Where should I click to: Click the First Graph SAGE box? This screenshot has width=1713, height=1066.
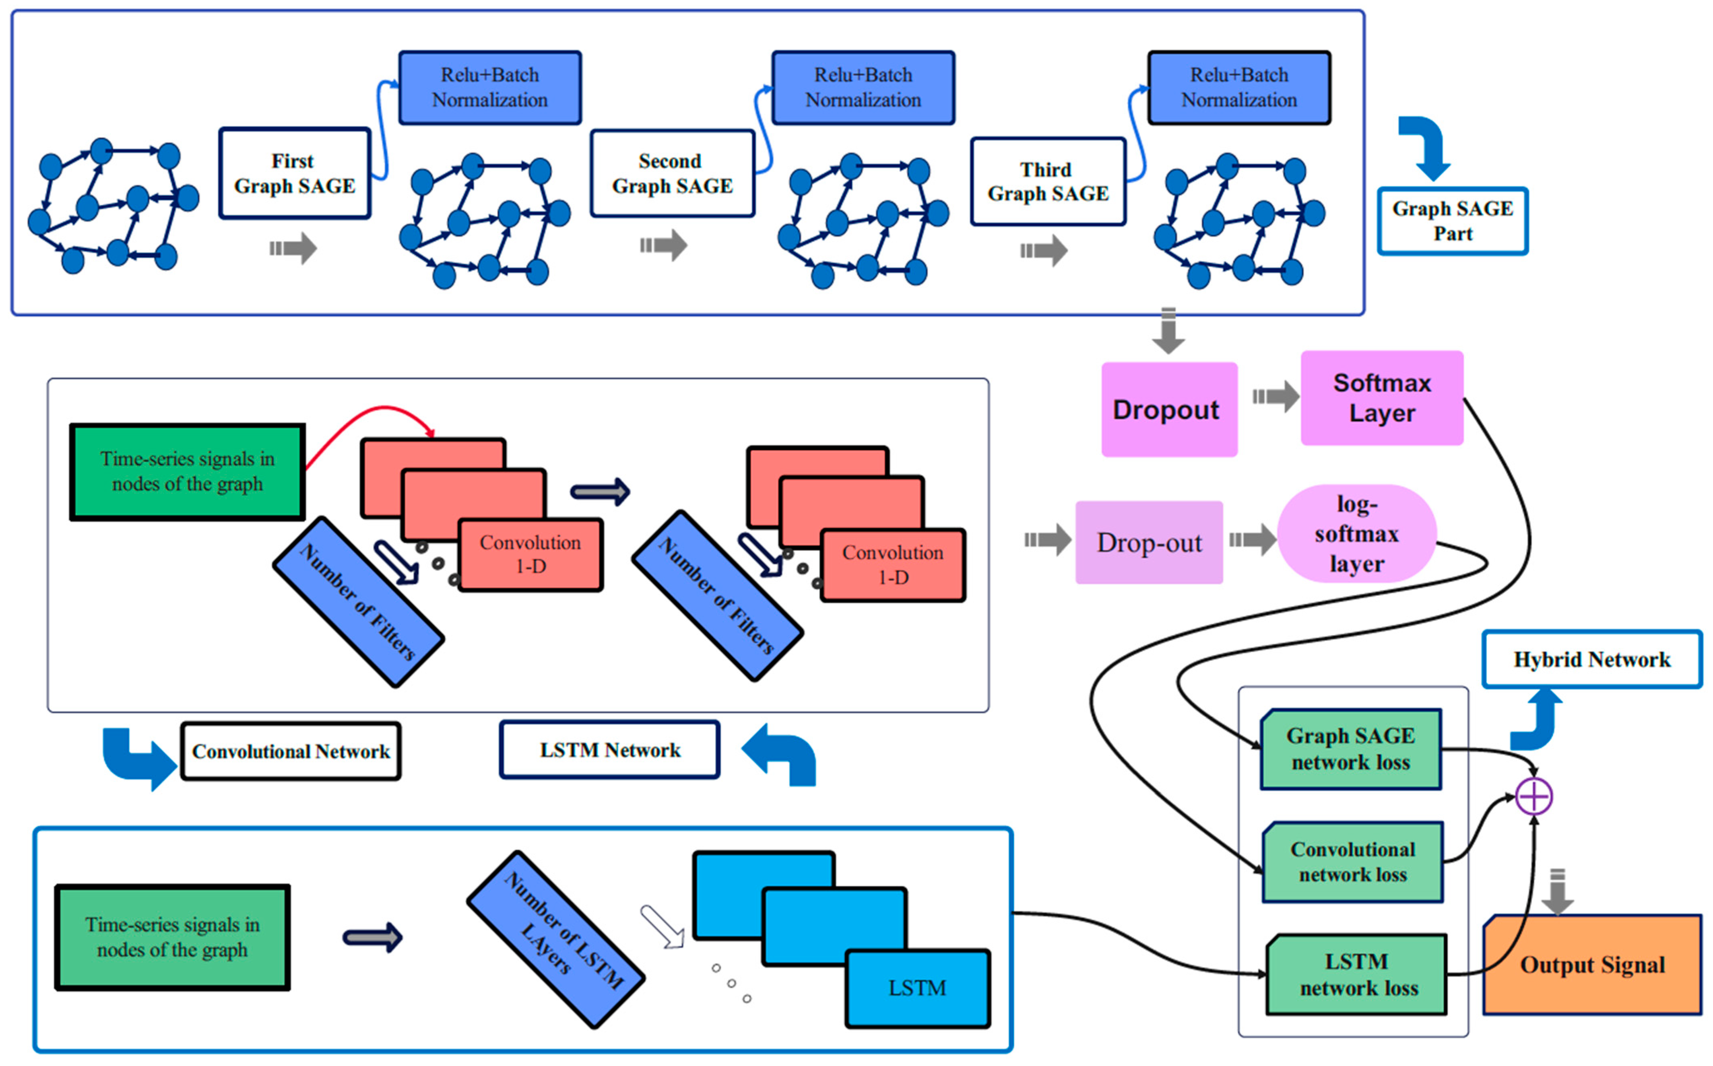coord(295,173)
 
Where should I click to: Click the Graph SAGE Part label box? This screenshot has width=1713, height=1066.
coord(1453,221)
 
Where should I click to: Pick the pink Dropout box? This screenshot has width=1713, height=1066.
coord(1169,410)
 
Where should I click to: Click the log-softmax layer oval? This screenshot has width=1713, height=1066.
coord(1357,534)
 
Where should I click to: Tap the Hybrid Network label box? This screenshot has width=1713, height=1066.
coord(1592,659)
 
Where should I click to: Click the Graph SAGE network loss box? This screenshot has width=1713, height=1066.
coord(1350,749)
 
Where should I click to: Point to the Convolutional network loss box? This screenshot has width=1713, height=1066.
coord(1353,862)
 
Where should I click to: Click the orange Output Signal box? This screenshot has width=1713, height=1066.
coord(1592,965)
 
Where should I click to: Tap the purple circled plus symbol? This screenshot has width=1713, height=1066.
coord(1534,796)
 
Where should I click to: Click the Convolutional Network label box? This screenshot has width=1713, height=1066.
coord(291,751)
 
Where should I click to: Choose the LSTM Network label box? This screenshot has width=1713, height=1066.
coord(610,749)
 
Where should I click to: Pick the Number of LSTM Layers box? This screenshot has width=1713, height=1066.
coord(556,939)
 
